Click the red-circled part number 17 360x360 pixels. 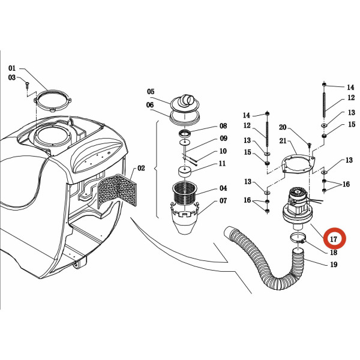pos(334,239)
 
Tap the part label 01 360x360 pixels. pos(12,68)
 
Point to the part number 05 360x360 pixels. pos(151,92)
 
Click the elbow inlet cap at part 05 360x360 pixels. pos(185,102)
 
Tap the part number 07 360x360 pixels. pos(223,200)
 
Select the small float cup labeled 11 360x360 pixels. pos(185,172)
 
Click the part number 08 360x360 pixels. pos(223,126)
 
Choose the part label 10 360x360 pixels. pos(223,151)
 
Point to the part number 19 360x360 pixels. pos(334,265)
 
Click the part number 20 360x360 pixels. pos(283,127)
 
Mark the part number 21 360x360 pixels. pos(283,140)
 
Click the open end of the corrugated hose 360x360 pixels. pos(229,231)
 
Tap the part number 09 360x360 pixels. pos(223,139)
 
